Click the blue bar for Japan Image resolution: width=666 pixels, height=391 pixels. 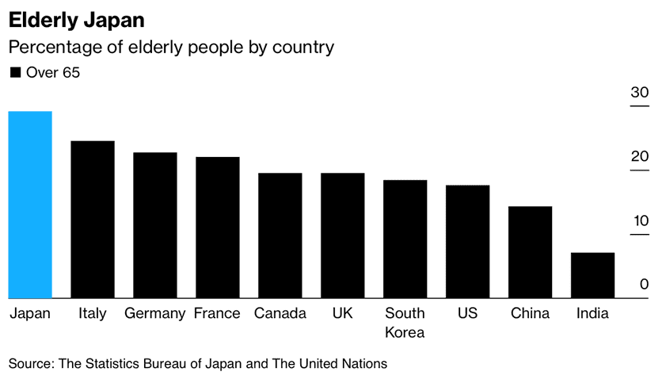click(30, 205)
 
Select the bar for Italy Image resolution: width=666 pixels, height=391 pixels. click(93, 220)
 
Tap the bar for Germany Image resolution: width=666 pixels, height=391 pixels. click(155, 225)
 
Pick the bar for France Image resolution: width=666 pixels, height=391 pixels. click(217, 228)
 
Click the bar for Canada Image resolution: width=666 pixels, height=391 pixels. click(280, 236)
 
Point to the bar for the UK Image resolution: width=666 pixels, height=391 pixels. click(342, 236)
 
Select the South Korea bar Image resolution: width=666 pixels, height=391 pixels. click(405, 239)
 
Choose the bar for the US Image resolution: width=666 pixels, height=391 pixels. click(467, 242)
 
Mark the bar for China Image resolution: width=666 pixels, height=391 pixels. click(530, 252)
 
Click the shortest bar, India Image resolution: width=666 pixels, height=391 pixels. click(592, 275)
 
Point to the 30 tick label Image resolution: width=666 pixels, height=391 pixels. click(639, 93)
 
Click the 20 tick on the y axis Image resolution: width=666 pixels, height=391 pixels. click(639, 157)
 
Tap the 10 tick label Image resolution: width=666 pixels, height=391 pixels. click(639, 220)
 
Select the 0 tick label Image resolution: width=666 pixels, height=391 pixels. click(644, 285)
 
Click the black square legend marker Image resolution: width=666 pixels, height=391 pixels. click(15, 73)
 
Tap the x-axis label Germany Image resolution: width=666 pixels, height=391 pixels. click(155, 314)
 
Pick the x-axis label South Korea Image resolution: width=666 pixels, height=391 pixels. click(405, 323)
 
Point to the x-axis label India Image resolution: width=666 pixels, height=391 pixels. click(592, 314)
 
